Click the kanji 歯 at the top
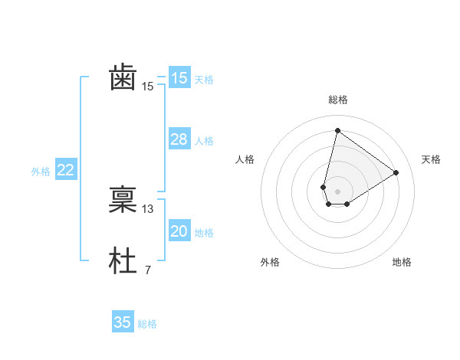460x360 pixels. (x=123, y=78)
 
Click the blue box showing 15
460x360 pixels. (x=179, y=78)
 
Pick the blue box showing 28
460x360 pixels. (x=179, y=139)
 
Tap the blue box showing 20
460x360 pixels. (x=179, y=231)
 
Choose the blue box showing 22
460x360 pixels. (x=65, y=171)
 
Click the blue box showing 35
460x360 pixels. (x=123, y=322)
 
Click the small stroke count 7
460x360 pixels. (x=147, y=270)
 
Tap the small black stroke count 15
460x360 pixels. (x=148, y=87)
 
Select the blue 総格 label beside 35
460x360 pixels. (x=147, y=324)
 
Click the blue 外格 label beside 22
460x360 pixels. (x=41, y=172)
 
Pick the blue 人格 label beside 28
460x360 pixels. (x=204, y=141)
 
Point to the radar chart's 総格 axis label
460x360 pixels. (x=337, y=100)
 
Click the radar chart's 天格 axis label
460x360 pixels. (x=431, y=159)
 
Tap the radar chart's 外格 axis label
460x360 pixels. (x=269, y=262)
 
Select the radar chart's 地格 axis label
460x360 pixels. (x=402, y=262)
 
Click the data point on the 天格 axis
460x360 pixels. (x=396, y=172)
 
